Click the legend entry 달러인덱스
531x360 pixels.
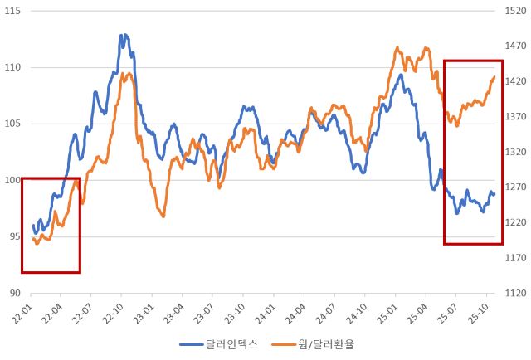click(221, 343)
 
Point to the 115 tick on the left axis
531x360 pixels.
click(12, 12)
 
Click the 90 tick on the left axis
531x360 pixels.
click(13, 293)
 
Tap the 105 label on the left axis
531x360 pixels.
click(12, 124)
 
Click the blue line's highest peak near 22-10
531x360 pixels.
click(123, 35)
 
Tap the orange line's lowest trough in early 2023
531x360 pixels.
click(163, 216)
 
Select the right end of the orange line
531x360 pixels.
click(494, 77)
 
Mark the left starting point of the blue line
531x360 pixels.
click(33, 225)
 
